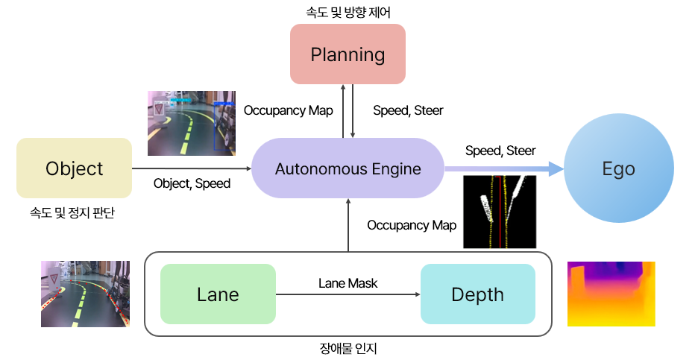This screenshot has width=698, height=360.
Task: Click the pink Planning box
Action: tap(348, 54)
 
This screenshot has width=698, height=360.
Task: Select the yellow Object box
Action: tap(74, 168)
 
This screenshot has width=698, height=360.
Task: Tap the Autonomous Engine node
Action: tap(348, 168)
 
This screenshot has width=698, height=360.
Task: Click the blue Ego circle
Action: tap(618, 168)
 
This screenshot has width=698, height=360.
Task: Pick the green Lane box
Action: tap(218, 294)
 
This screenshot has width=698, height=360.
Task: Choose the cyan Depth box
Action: tap(477, 294)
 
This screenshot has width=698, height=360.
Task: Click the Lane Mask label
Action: tap(348, 283)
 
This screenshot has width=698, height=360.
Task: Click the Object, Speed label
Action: tap(192, 183)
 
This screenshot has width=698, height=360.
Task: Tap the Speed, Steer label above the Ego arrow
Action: tap(500, 151)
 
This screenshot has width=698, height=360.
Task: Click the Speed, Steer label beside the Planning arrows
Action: tap(408, 110)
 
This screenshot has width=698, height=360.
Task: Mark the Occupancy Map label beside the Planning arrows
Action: tap(288, 110)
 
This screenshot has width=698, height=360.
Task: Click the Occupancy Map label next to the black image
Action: tap(412, 225)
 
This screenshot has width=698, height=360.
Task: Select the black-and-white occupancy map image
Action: tap(500, 212)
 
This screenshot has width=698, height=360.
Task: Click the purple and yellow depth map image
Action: tap(611, 294)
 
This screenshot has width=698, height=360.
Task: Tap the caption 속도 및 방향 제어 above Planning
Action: tap(348, 11)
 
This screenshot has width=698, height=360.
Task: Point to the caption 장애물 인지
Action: tap(348, 347)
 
